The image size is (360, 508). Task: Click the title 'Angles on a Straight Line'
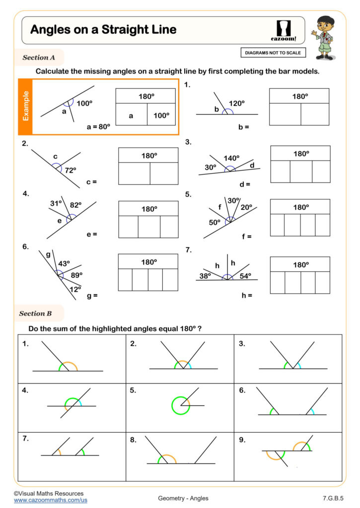coord(103,30)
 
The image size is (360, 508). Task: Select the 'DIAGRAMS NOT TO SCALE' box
coord(273,53)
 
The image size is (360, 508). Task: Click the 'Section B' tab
coord(36,314)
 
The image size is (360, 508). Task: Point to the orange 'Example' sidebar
coord(25,106)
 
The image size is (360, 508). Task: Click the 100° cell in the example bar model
coord(161,116)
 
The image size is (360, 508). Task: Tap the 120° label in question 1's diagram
coord(236,103)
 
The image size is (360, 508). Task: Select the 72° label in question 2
coord(71,170)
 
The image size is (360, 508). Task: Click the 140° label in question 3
coord(231,158)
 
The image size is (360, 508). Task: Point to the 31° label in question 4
coord(56,203)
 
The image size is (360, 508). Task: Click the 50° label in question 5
coord(214,222)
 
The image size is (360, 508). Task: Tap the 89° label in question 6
coord(76,274)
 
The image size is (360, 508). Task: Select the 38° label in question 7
coord(205,276)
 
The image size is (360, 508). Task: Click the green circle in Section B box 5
coord(180,405)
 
